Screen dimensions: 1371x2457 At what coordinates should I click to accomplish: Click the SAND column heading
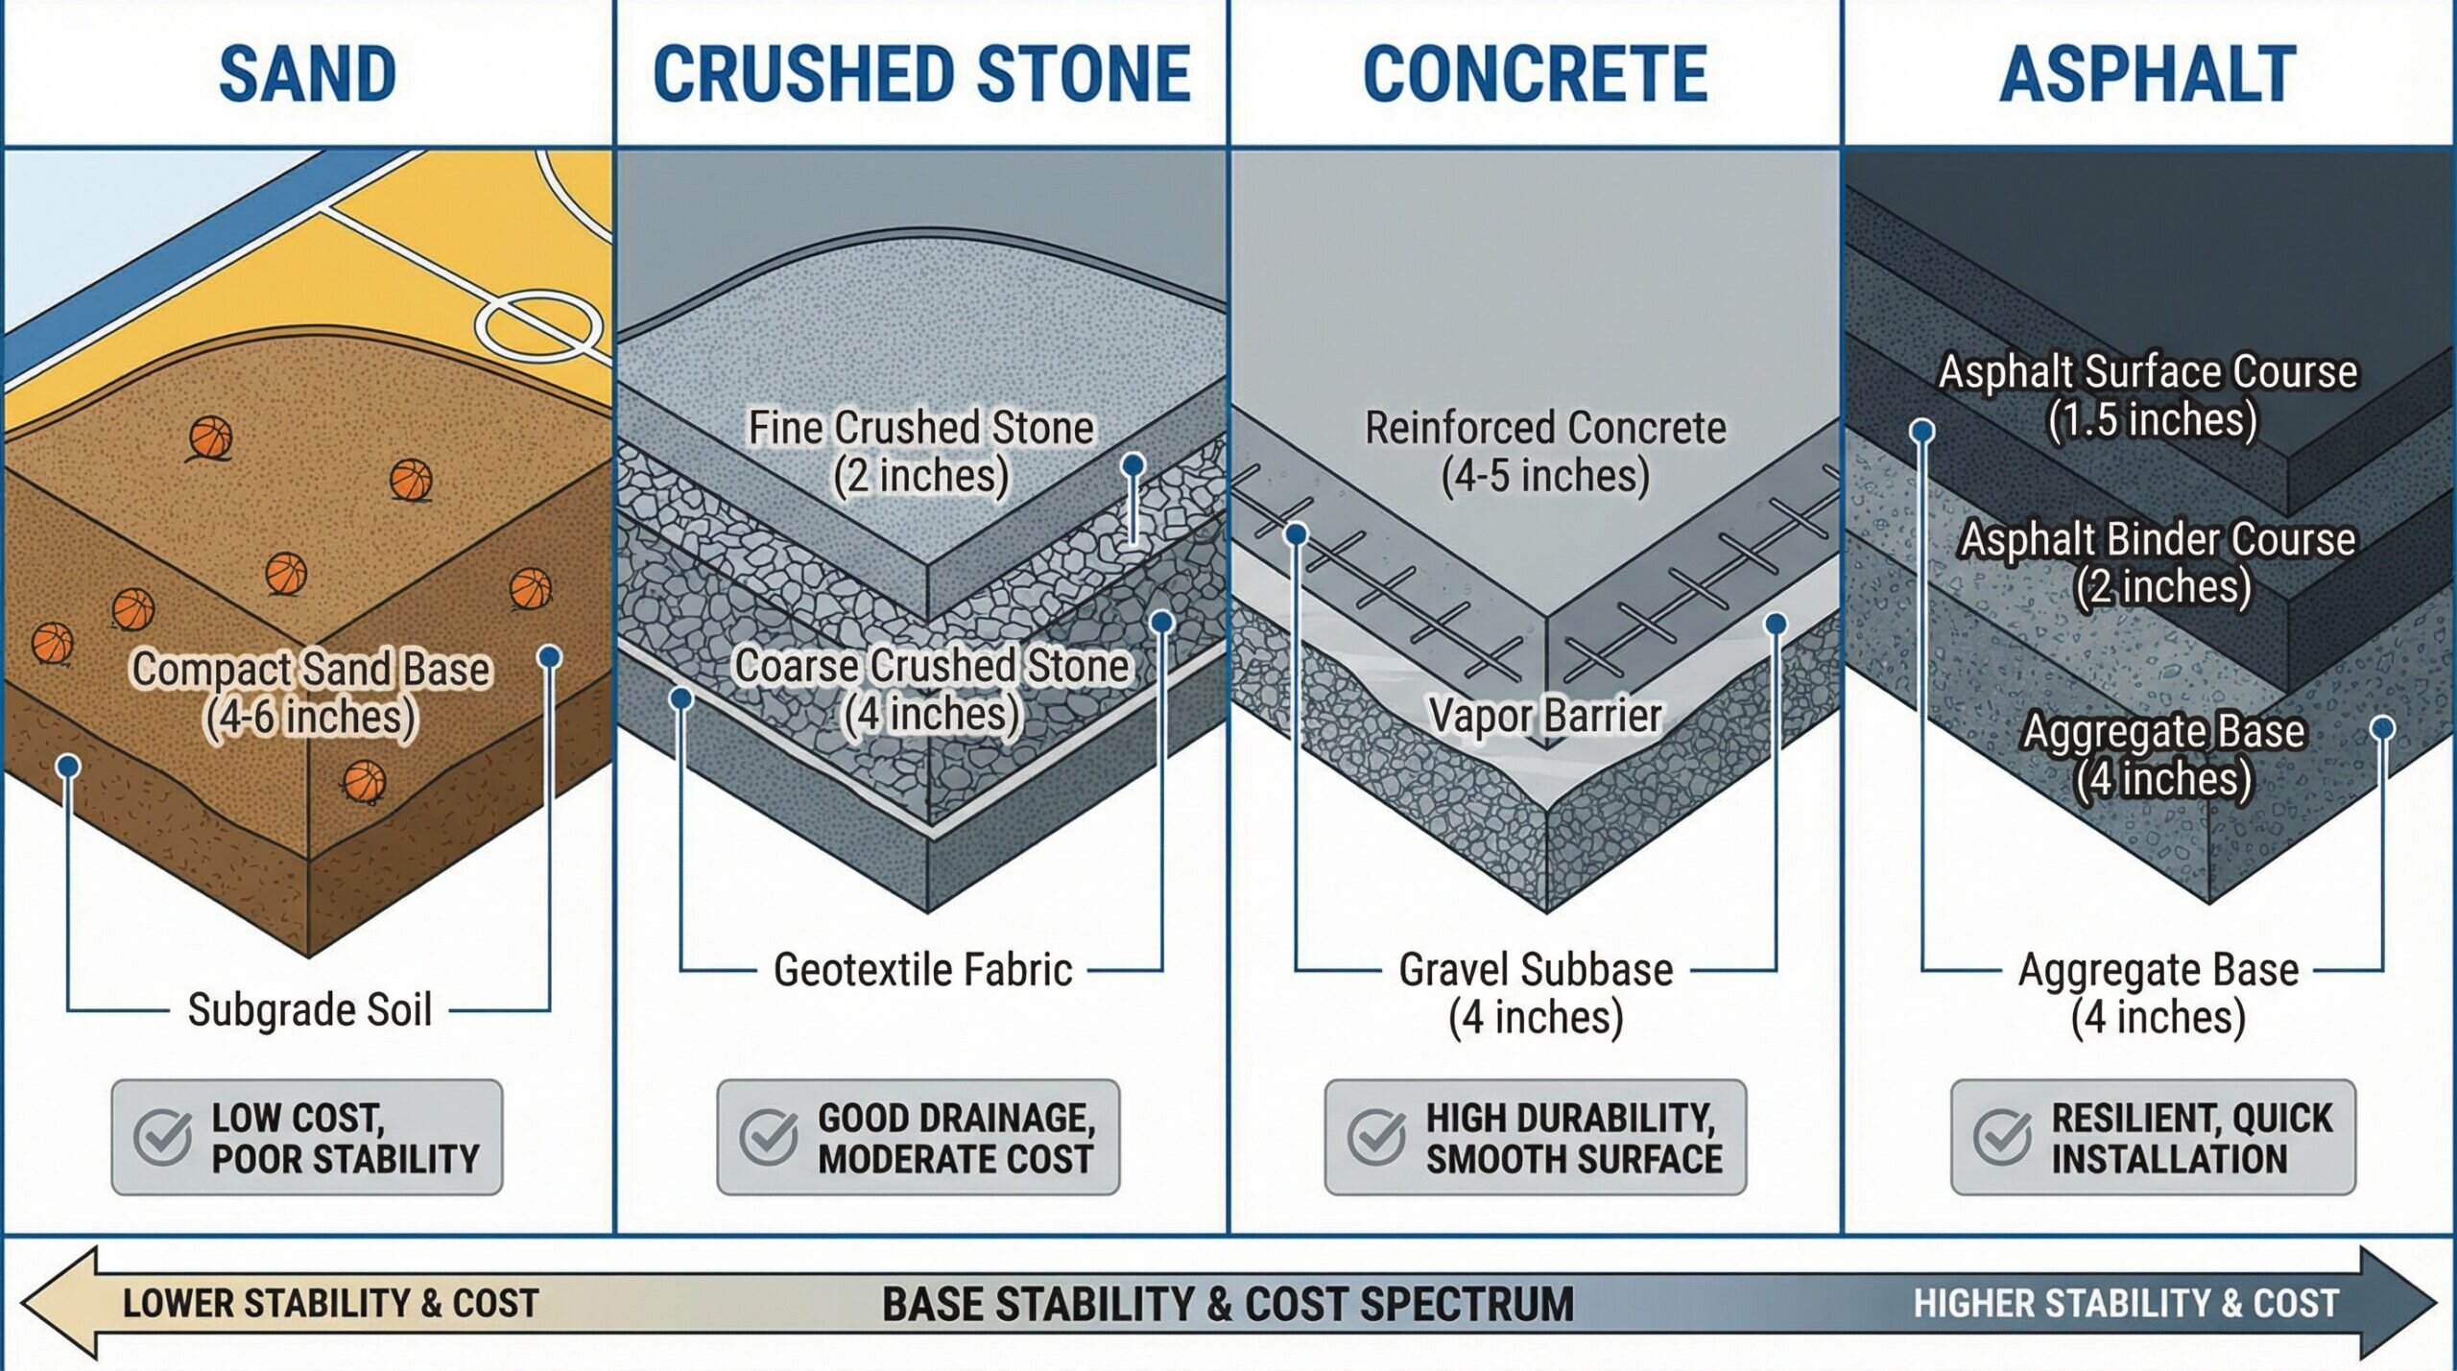tap(307, 74)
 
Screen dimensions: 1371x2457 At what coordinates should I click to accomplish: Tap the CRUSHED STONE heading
tap(921, 74)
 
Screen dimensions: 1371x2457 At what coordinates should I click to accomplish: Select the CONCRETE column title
tap(1535, 74)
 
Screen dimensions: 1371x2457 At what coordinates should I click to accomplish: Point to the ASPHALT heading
tap(2148, 74)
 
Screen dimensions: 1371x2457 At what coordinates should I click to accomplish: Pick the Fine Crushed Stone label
tap(920, 452)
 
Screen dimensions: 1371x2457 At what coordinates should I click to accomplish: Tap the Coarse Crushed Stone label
tap(930, 690)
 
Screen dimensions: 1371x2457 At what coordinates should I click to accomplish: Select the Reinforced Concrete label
tap(1545, 452)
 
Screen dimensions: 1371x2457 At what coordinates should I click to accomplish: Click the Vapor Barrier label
tap(1544, 715)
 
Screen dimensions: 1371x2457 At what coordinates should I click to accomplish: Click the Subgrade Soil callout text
tap(309, 1009)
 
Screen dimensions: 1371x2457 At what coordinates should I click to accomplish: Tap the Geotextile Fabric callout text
tap(922, 970)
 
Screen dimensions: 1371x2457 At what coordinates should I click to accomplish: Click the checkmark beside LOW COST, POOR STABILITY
tap(162, 1137)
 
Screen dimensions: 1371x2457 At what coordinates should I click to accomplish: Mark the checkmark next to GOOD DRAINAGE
tap(769, 1137)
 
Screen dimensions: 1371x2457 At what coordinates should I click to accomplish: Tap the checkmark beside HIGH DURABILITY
tap(1376, 1137)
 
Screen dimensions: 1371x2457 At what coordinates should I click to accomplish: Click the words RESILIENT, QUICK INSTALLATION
tap(2191, 1138)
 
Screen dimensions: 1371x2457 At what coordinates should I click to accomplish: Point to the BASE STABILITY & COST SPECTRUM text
tap(1228, 1304)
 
